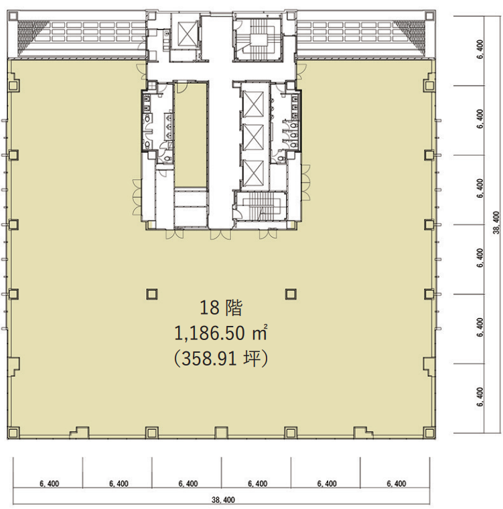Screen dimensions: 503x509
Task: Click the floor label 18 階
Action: (x=221, y=308)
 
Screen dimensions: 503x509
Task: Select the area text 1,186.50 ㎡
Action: (x=221, y=333)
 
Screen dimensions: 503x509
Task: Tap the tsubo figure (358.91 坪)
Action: (x=221, y=359)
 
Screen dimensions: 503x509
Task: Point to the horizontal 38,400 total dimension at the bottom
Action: (x=223, y=500)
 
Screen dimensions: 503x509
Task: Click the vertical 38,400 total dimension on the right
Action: (x=497, y=223)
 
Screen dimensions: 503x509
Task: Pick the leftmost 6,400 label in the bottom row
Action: (x=50, y=484)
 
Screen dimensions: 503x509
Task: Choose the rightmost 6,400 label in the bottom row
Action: (x=397, y=484)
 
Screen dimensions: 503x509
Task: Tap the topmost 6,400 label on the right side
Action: (x=481, y=49)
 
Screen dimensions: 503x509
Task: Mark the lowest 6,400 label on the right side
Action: (x=481, y=397)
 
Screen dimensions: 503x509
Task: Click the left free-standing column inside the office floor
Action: (x=151, y=294)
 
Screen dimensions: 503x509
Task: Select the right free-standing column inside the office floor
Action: (x=291, y=294)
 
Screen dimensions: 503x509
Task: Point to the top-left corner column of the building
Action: (x=13, y=15)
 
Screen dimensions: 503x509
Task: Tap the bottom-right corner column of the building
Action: (x=429, y=433)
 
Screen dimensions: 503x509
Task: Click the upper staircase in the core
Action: (x=259, y=40)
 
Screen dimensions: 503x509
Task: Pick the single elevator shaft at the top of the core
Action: (x=184, y=34)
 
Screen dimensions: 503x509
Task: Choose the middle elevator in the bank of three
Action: (x=253, y=137)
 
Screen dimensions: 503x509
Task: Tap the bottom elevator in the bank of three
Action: (x=253, y=173)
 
